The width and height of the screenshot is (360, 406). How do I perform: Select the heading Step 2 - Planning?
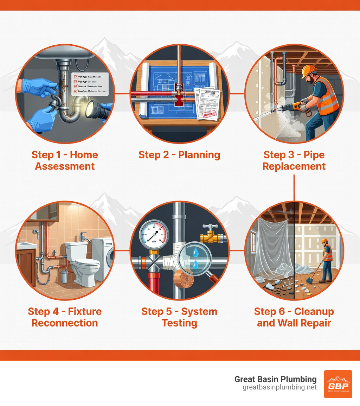(x=179, y=155)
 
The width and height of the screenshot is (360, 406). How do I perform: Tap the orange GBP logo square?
(x=337, y=384)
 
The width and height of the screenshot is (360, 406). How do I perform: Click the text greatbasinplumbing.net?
(x=279, y=387)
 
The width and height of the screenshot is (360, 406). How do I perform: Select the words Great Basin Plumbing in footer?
(x=275, y=379)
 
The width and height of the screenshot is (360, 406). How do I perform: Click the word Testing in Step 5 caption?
(x=179, y=323)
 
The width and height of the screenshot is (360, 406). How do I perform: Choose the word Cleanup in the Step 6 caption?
(x=314, y=311)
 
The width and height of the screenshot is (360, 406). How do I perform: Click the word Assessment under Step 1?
(x=65, y=166)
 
